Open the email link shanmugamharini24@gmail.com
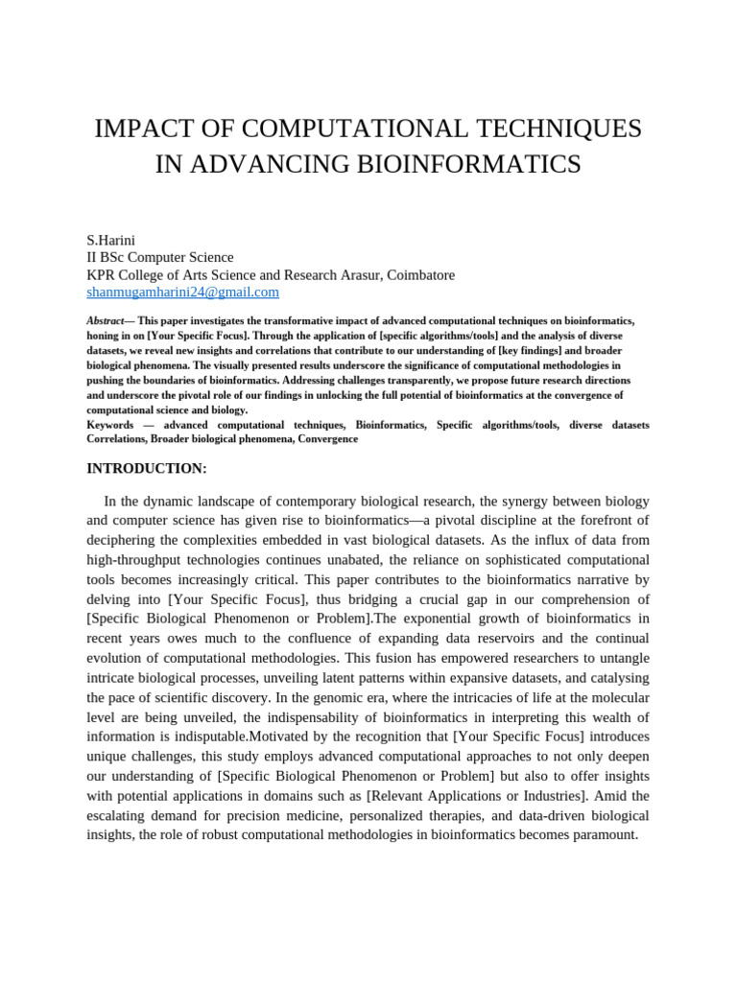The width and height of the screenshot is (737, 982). pos(183,292)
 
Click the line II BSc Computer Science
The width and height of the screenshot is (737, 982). pos(160,257)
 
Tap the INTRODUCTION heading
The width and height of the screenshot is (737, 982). pos(147,468)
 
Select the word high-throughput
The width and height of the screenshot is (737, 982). pos(144,559)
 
